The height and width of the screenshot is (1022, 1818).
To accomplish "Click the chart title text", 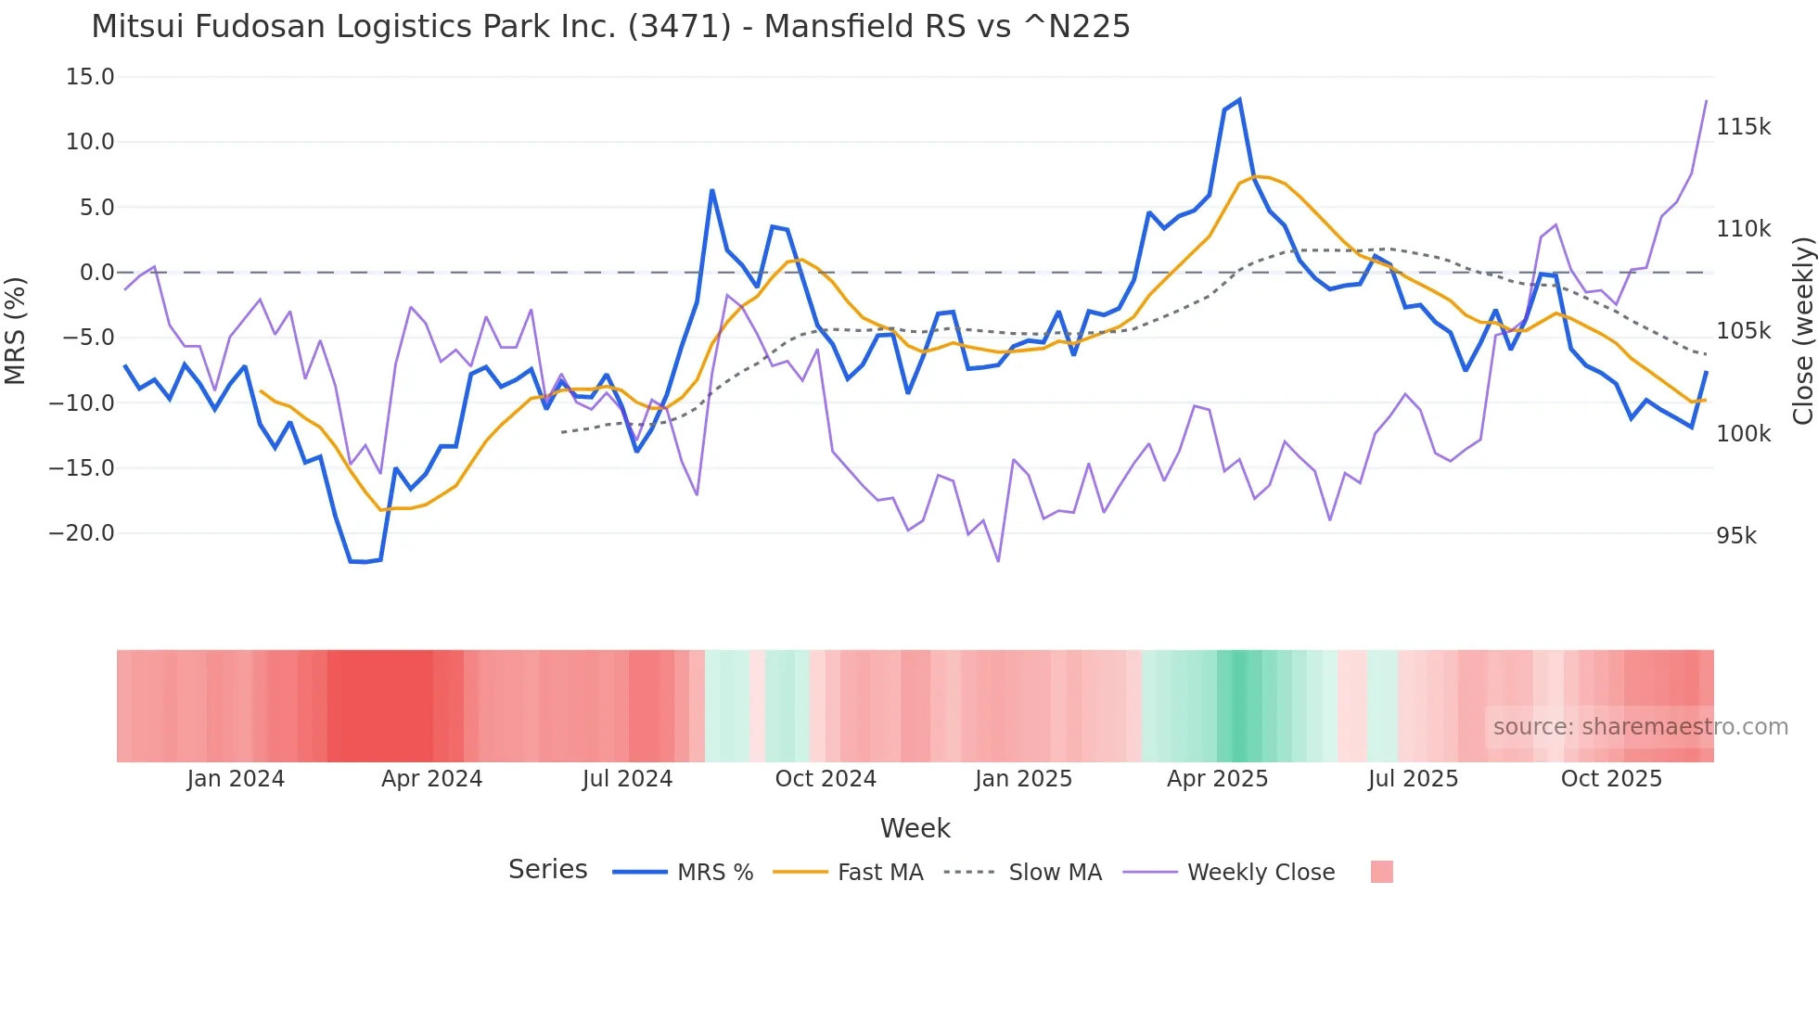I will pyautogui.click(x=610, y=26).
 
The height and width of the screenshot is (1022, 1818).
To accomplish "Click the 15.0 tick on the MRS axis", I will pyautogui.click(x=90, y=77).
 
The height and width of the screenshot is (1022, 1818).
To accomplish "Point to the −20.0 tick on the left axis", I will pyautogui.click(x=82, y=533).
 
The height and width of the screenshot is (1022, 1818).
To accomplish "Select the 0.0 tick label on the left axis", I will pyautogui.click(x=96, y=273).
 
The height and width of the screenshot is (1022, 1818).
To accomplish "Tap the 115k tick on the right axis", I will pyautogui.click(x=1743, y=127).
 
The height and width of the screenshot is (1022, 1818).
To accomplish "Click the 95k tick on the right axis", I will pyautogui.click(x=1736, y=536).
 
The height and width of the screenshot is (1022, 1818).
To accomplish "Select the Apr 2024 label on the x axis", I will pyautogui.click(x=431, y=779).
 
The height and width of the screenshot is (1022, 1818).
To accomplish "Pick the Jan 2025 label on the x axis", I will pyautogui.click(x=1023, y=779).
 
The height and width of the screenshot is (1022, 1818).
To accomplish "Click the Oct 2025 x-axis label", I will pyautogui.click(x=1611, y=779).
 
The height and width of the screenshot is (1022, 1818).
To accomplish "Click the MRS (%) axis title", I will pyautogui.click(x=16, y=330).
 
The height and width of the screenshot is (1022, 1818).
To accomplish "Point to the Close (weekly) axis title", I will pyautogui.click(x=1802, y=331).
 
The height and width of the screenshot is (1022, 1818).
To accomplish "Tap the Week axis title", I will pyautogui.click(x=915, y=828).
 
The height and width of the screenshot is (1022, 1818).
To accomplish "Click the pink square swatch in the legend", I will pyautogui.click(x=1381, y=872).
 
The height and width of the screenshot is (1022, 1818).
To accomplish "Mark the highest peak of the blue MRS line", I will pyautogui.click(x=1239, y=100).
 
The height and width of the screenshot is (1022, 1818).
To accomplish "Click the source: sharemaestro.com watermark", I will pyautogui.click(x=1640, y=727).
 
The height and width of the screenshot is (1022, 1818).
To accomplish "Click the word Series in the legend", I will pyautogui.click(x=547, y=870).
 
